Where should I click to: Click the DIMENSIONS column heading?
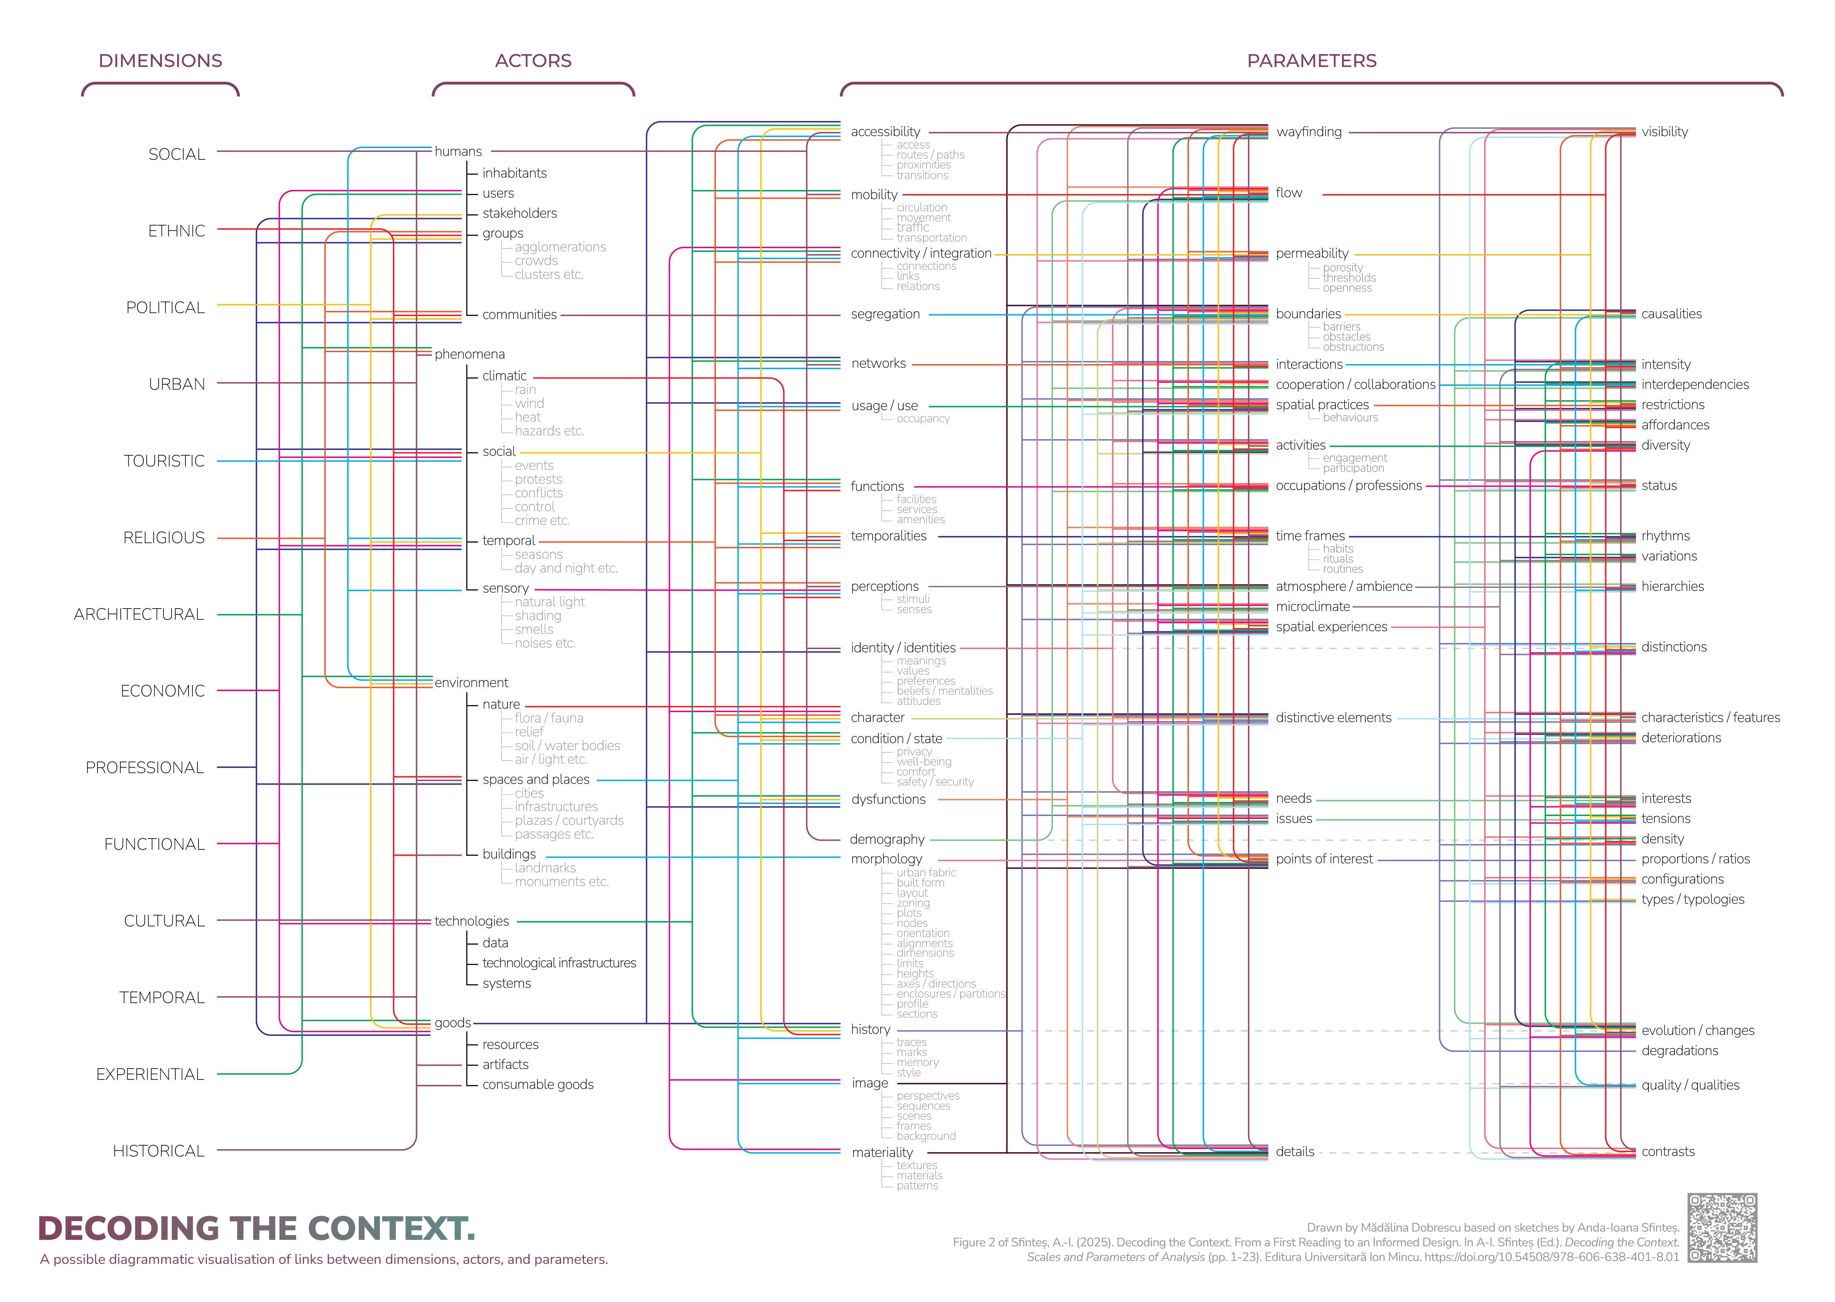click(160, 61)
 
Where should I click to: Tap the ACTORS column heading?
click(533, 61)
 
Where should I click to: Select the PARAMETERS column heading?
click(1312, 61)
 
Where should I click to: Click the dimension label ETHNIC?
click(176, 231)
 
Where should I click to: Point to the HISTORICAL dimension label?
click(159, 1151)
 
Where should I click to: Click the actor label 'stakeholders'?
click(519, 213)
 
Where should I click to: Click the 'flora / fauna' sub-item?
click(549, 718)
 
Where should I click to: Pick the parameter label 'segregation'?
click(885, 314)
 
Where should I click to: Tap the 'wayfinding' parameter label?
click(1308, 132)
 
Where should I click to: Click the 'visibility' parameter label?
click(1664, 132)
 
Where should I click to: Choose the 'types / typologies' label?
click(1692, 900)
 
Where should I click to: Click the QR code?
click(1722, 1228)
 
